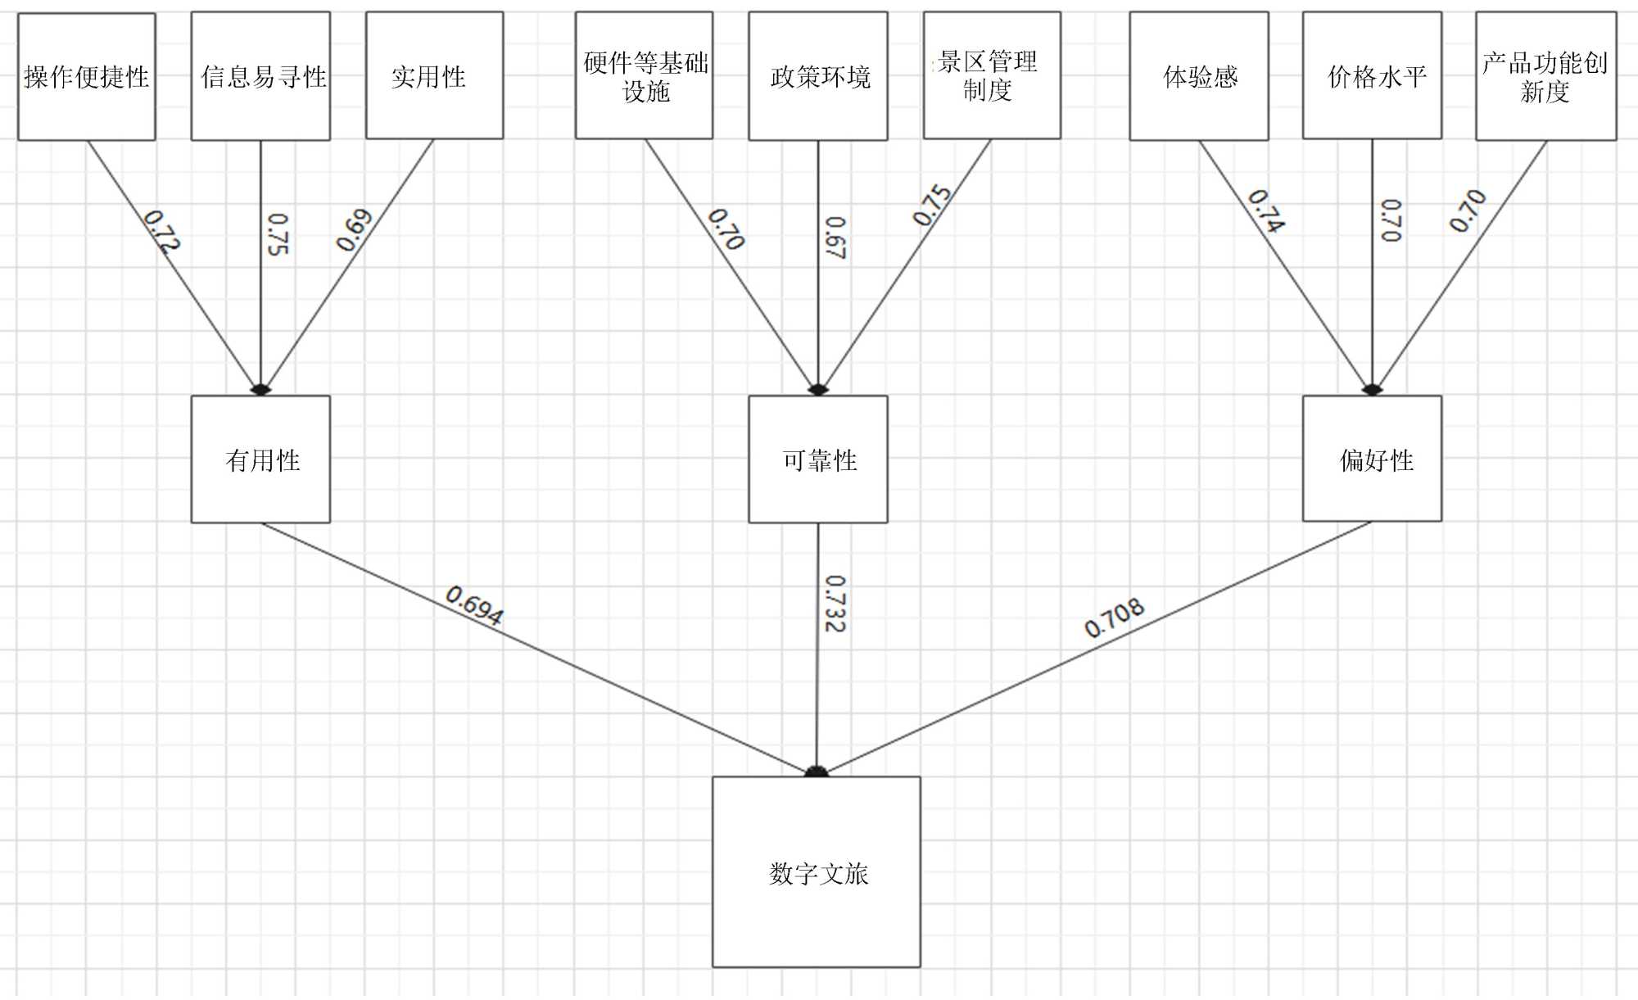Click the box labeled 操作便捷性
(87, 76)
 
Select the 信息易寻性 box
(260, 76)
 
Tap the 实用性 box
(434, 75)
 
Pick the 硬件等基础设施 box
(644, 75)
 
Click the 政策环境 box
(818, 76)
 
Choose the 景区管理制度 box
(992, 75)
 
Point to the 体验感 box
(1199, 76)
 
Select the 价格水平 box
(1372, 75)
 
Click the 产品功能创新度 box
(1545, 76)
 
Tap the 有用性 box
(260, 459)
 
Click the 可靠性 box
(818, 459)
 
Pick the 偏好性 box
(1372, 459)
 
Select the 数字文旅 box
(817, 872)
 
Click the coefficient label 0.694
(474, 606)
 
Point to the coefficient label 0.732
(835, 604)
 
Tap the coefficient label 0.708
(1114, 618)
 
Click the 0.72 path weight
(161, 231)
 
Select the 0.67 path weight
(835, 238)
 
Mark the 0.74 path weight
(1266, 211)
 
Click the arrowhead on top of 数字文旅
(817, 771)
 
